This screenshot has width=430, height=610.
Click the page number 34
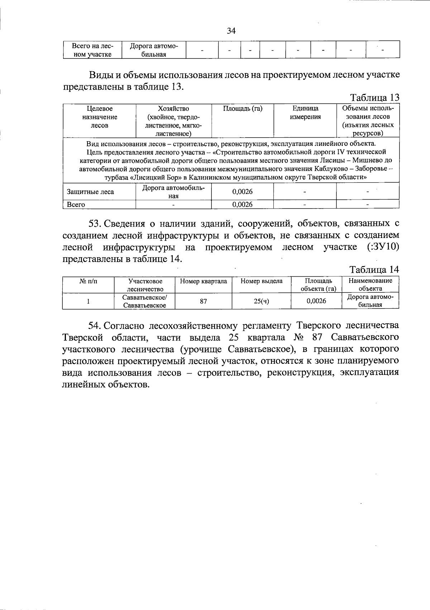[231, 31]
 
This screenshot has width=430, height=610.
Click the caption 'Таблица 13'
[374, 97]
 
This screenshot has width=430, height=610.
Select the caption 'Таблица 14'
[374, 270]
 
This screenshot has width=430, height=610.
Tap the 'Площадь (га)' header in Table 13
[243, 109]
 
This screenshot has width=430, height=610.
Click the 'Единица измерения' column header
[305, 113]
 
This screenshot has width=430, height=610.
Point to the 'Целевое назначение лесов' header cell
[99, 117]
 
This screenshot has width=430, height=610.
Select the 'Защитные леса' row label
[90, 192]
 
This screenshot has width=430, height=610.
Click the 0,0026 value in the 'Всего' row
[243, 205]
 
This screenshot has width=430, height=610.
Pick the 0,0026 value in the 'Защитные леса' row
[243, 192]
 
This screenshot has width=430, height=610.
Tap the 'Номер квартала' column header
[203, 281]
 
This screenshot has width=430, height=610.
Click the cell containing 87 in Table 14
[203, 301]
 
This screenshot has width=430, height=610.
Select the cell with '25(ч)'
[262, 301]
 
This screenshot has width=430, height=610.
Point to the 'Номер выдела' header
[262, 281]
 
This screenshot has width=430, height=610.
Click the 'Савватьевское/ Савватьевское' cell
[144, 301]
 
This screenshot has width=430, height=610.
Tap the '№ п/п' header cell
[88, 281]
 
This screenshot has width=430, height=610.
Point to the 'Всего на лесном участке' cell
[92, 50]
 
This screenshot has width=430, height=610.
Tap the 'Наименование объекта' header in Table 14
[371, 285]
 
